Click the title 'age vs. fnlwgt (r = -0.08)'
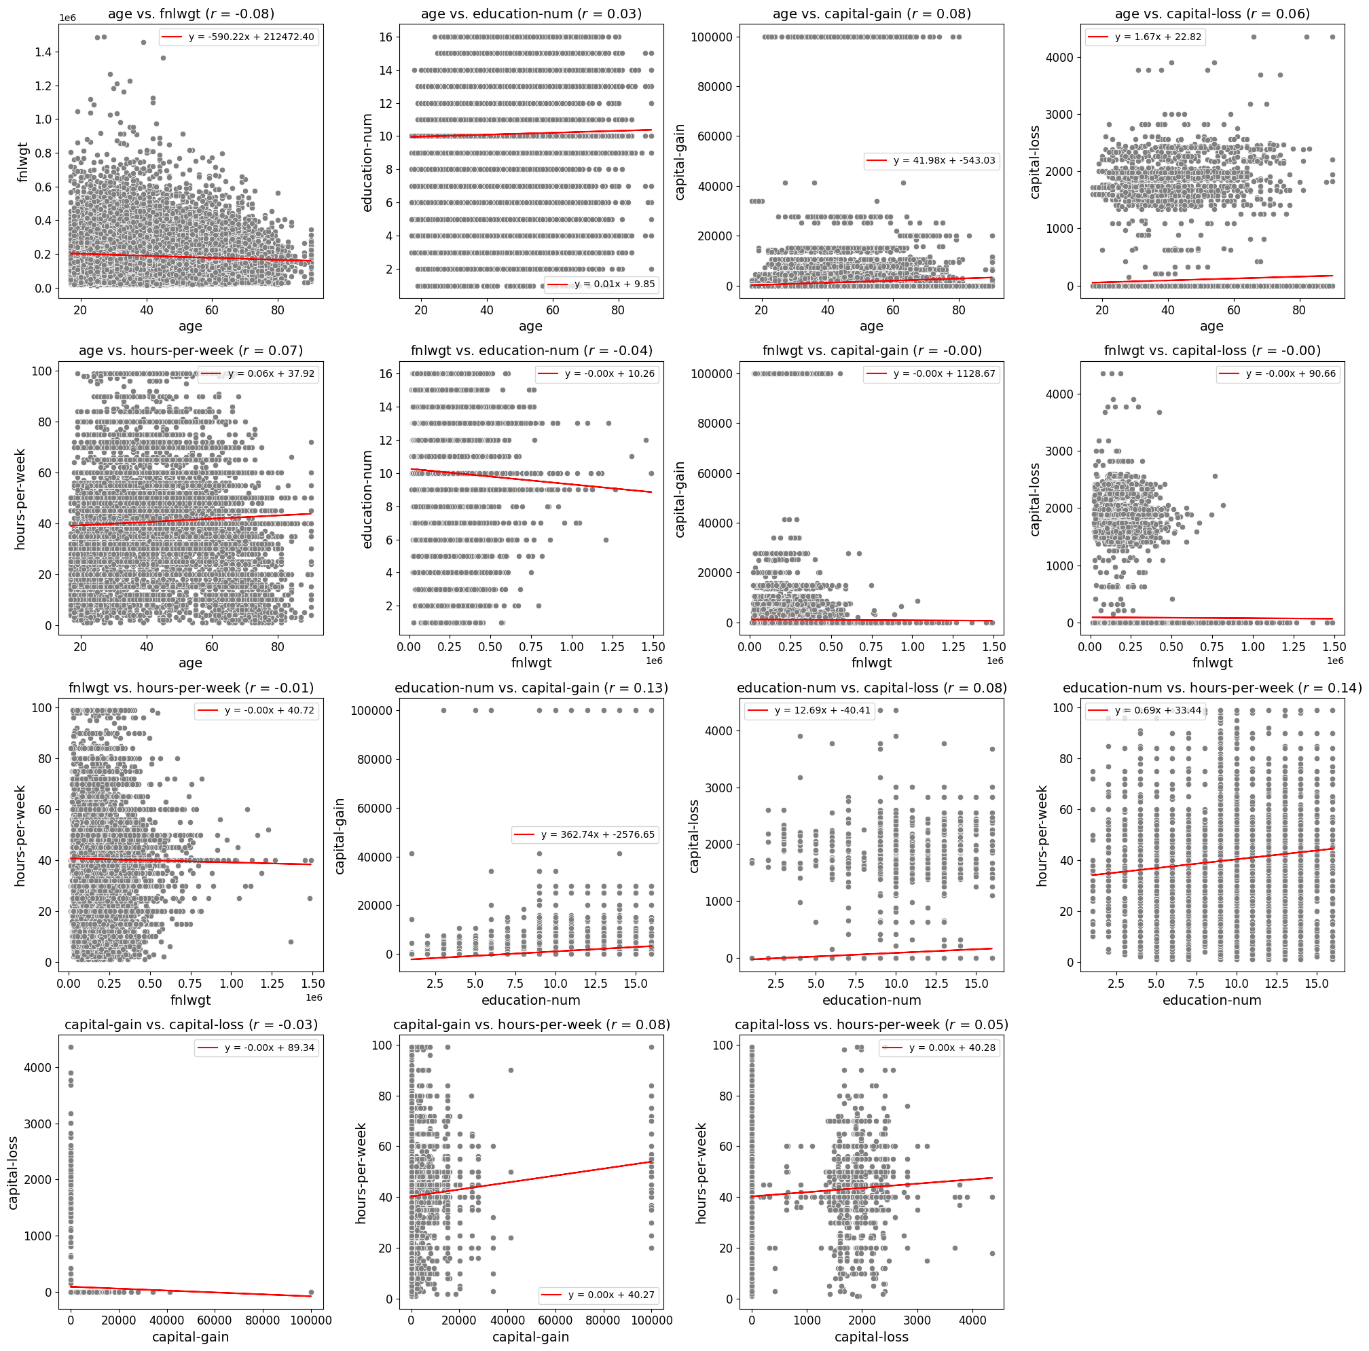(x=191, y=14)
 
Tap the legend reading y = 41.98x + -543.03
(x=931, y=161)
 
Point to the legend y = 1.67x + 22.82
(x=1145, y=37)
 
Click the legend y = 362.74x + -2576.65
(x=585, y=834)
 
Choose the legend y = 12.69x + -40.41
(x=809, y=711)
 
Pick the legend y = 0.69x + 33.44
(x=1145, y=711)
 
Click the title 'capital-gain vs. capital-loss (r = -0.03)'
(x=191, y=1024)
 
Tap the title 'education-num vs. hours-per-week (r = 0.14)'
(x=1211, y=688)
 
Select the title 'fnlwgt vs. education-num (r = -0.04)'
(x=532, y=351)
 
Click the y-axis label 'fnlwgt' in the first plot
(x=23, y=161)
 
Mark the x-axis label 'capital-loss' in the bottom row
(x=871, y=1337)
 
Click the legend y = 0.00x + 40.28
(x=940, y=1048)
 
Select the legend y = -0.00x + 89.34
(x=257, y=1048)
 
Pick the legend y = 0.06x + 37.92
(x=258, y=373)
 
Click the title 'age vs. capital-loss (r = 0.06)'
(x=1211, y=14)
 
